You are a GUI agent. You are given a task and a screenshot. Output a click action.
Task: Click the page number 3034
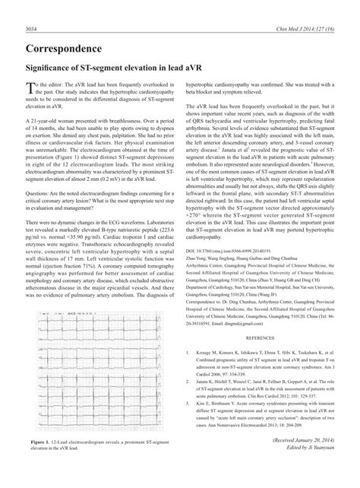[33, 28]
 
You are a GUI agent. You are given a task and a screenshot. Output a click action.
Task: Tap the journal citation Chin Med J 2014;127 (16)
[307, 28]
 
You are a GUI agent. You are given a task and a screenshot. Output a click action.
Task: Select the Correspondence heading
[68, 47]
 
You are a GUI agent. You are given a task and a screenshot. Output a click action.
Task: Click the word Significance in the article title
[52, 68]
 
